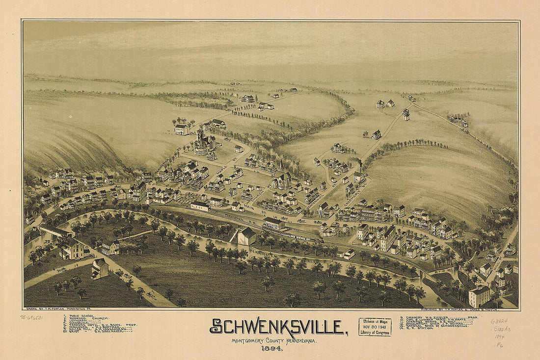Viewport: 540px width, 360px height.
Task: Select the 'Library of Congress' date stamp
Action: pos(375,327)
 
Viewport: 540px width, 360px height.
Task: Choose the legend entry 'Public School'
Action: pos(81,316)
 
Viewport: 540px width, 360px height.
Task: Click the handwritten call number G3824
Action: pos(499,321)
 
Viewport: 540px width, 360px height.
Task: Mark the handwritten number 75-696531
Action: pos(31,318)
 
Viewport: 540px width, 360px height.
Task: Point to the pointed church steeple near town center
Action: pos(281,167)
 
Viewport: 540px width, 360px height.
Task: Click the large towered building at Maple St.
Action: pos(201,143)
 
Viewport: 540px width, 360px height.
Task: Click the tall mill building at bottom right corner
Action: pos(479,296)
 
